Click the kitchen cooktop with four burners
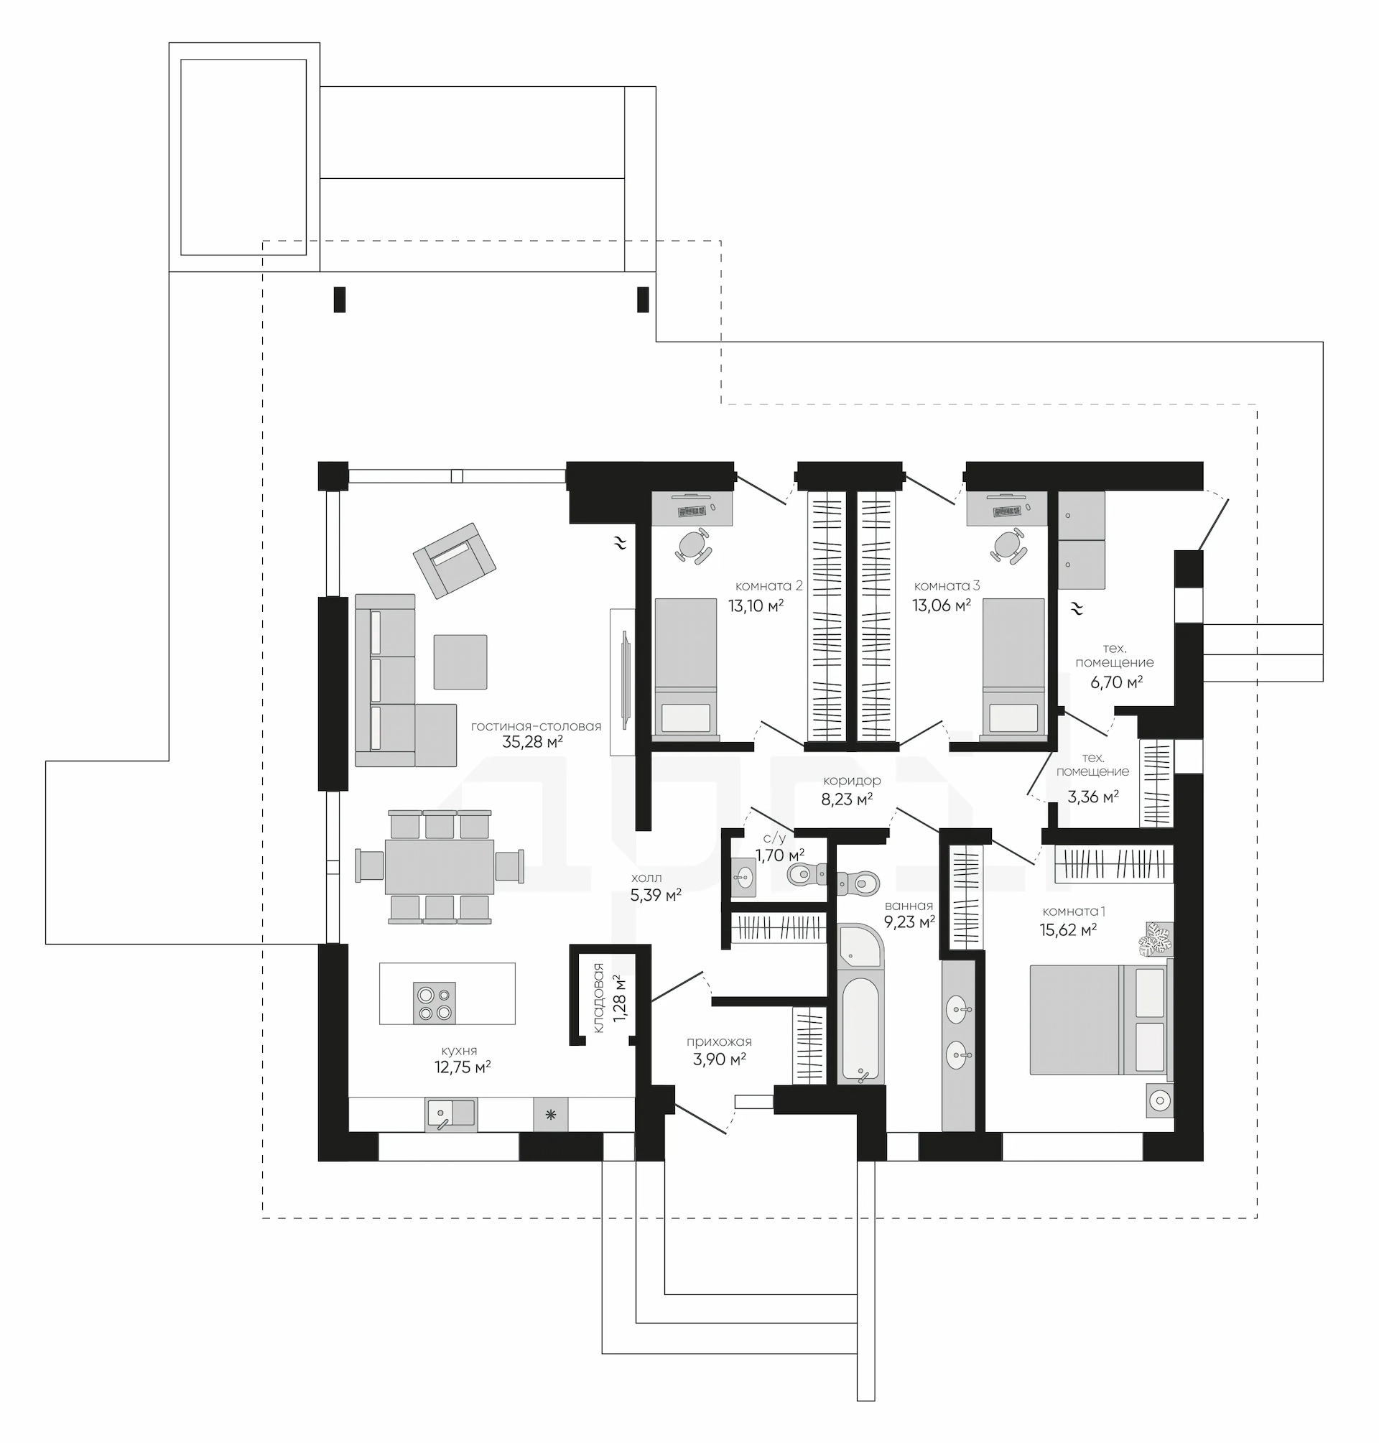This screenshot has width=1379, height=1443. (435, 1003)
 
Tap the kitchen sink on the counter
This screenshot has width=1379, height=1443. (451, 1115)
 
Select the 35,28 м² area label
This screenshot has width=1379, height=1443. (532, 742)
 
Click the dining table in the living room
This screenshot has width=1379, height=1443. (440, 866)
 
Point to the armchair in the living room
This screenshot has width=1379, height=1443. (454, 560)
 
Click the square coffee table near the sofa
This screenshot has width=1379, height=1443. (460, 662)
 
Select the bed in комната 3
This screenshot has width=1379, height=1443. (1013, 666)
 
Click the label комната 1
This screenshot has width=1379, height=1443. (1074, 911)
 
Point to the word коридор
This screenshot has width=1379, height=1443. (852, 781)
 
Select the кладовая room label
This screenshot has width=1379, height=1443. (598, 998)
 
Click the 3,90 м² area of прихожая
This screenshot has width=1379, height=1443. (719, 1059)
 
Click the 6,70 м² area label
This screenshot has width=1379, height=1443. (1117, 682)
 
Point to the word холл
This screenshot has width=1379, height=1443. (646, 878)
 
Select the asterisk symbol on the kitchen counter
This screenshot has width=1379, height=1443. (551, 1115)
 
